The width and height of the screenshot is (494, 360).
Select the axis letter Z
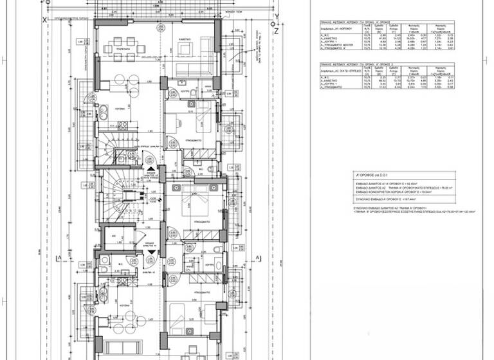[275, 30]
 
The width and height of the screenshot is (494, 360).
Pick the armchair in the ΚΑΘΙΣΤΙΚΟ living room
[185, 49]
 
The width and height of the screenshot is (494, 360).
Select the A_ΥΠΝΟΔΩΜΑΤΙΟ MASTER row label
[337, 44]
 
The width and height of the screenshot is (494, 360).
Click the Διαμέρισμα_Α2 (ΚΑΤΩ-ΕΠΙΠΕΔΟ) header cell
[337, 74]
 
